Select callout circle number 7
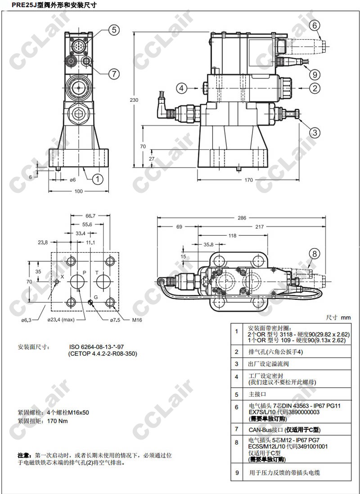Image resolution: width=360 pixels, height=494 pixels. (x=113, y=73)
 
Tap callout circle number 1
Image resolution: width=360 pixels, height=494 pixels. (x=98, y=179)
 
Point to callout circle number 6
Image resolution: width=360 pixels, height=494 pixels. (x=315, y=26)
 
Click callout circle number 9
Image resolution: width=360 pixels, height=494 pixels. (x=315, y=74)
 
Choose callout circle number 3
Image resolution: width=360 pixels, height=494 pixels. (x=315, y=132)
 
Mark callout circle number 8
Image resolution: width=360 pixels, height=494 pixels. (x=315, y=253)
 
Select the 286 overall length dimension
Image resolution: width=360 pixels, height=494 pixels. (x=242, y=218)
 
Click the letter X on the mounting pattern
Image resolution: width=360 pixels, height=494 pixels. (x=62, y=276)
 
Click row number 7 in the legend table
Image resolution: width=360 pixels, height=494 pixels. (x=237, y=430)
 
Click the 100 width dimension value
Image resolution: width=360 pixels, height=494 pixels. (x=79, y=192)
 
